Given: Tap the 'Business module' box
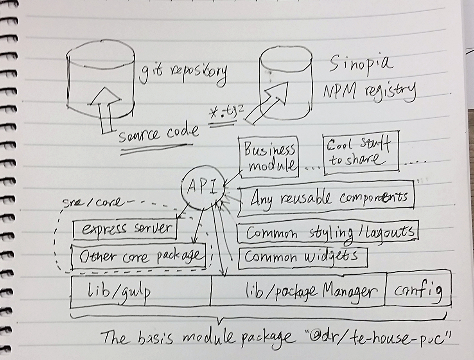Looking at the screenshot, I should pyautogui.click(x=269, y=157).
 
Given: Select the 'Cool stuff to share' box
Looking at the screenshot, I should pyautogui.click(x=360, y=153).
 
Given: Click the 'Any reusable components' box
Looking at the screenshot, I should pyautogui.click(x=326, y=198).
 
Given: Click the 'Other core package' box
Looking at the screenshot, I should pyautogui.click(x=139, y=256).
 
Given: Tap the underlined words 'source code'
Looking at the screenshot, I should pyautogui.click(x=158, y=135).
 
